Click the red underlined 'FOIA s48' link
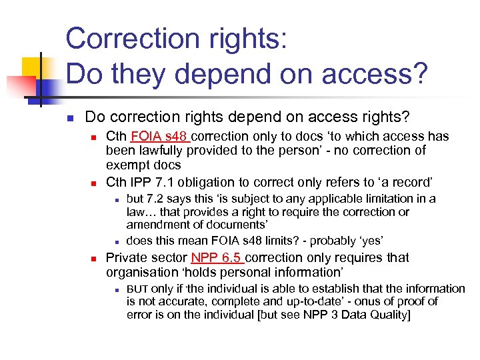(161, 137)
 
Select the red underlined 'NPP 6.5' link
(216, 258)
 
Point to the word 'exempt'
(129, 165)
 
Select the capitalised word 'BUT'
(137, 289)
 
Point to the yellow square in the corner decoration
(32, 67)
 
